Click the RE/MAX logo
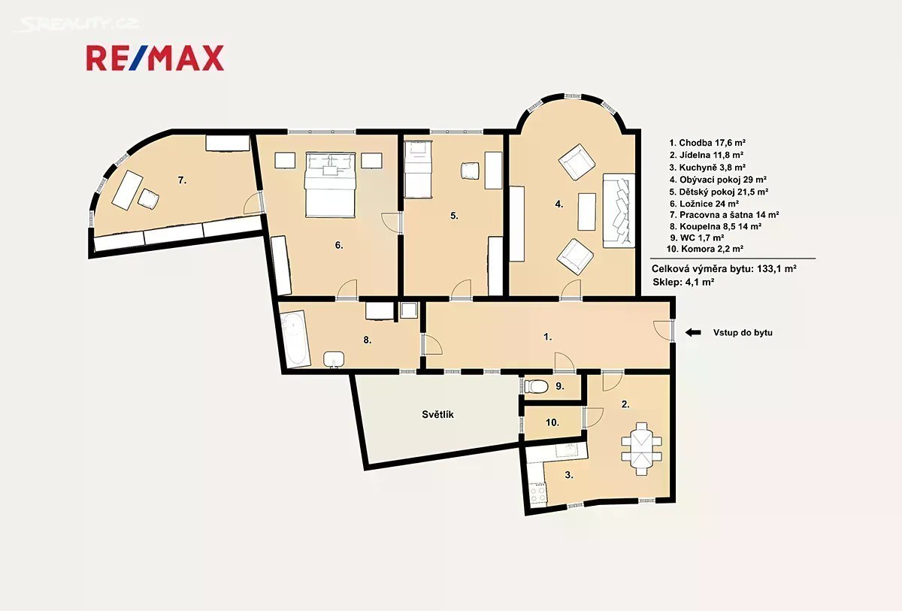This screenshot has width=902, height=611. (155, 58)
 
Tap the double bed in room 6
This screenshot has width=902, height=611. (331, 185)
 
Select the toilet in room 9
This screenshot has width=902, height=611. (537, 386)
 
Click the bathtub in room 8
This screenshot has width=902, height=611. (295, 340)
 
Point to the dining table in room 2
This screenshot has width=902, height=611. (641, 449)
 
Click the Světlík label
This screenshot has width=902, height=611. (437, 415)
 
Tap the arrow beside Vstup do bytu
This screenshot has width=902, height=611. (693, 332)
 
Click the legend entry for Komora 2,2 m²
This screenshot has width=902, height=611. (705, 249)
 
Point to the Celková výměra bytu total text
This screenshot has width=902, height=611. (724, 268)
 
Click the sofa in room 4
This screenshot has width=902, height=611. (619, 210)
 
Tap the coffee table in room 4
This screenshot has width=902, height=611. (587, 212)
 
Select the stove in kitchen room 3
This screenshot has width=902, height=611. (537, 494)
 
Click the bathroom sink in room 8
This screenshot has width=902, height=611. (334, 359)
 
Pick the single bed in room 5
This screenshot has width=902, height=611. (418, 169)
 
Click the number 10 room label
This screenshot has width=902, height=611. (552, 422)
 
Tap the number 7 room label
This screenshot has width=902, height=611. (183, 180)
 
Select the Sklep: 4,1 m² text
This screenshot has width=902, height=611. (683, 282)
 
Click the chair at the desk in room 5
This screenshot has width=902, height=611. (470, 171)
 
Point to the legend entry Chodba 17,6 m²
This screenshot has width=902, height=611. (707, 143)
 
